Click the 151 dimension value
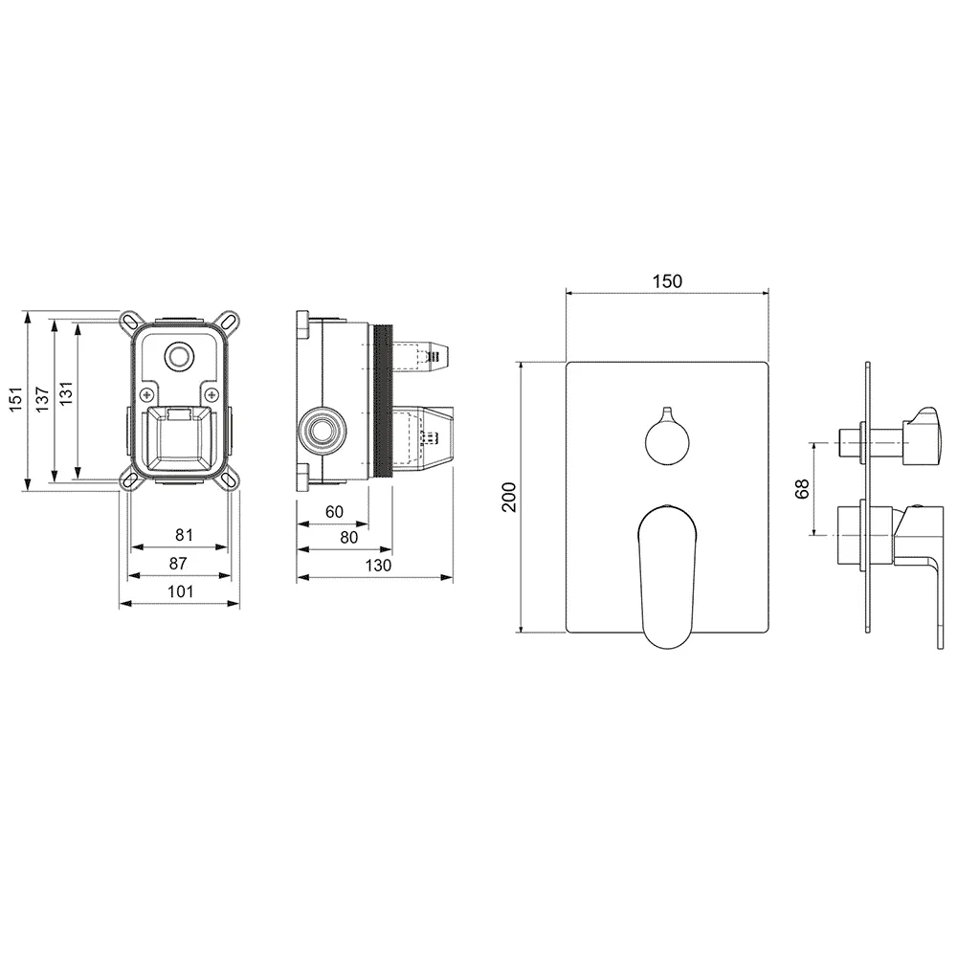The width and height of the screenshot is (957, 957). point(16,399)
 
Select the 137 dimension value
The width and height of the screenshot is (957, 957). point(42,399)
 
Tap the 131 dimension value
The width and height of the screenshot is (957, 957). point(66,393)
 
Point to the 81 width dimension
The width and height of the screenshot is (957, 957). point(185,535)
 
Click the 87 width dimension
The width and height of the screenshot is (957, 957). point(178,564)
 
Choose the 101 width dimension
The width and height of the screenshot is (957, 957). point(181,591)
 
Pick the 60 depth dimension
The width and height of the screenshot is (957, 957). point(334,511)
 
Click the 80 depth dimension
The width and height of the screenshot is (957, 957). point(348,538)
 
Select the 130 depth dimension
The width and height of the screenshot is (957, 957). point(378,566)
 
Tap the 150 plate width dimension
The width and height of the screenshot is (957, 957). point(667,281)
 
